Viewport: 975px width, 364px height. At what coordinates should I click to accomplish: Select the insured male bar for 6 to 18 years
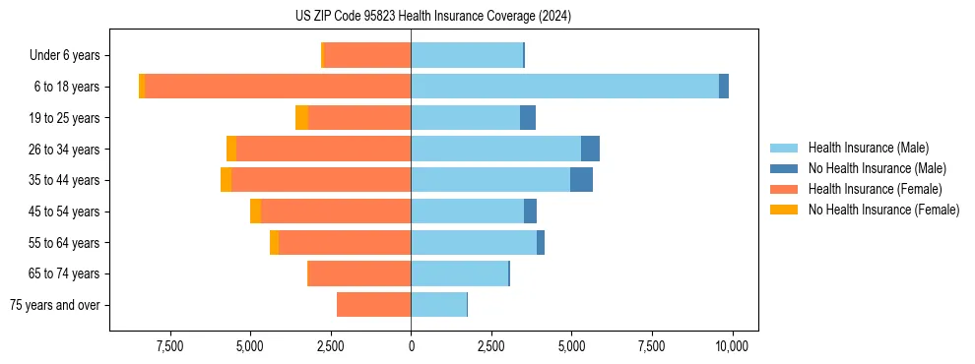pyautogui.click(x=564, y=87)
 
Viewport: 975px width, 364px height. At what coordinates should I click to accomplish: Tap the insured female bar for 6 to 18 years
pyautogui.click(x=278, y=87)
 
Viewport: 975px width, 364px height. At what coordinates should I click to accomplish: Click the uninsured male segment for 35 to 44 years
pyautogui.click(x=581, y=180)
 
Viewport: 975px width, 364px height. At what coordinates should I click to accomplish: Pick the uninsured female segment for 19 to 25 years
pyautogui.click(x=301, y=118)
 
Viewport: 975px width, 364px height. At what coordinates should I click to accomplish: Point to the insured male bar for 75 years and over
pyautogui.click(x=438, y=305)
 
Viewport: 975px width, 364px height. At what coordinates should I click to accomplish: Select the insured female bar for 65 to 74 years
pyautogui.click(x=359, y=273)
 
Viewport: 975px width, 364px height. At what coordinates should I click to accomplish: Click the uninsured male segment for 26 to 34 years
pyautogui.click(x=590, y=149)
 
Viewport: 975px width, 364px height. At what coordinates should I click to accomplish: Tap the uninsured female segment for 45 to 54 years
pyautogui.click(x=256, y=212)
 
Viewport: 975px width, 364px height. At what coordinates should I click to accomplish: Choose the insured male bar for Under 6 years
pyautogui.click(x=467, y=55)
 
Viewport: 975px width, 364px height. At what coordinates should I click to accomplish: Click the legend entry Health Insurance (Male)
pyautogui.click(x=868, y=148)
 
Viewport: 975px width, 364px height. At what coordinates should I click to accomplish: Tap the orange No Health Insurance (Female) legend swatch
pyautogui.click(x=784, y=210)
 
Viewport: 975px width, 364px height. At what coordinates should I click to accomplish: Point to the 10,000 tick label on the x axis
pyautogui.click(x=732, y=346)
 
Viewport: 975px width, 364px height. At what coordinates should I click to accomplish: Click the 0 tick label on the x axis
pyautogui.click(x=411, y=346)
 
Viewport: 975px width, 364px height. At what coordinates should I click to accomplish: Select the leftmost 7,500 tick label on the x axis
pyautogui.click(x=170, y=346)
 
